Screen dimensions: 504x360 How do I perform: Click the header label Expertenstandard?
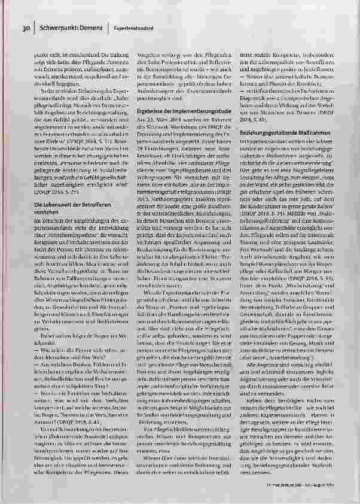[133, 28]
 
